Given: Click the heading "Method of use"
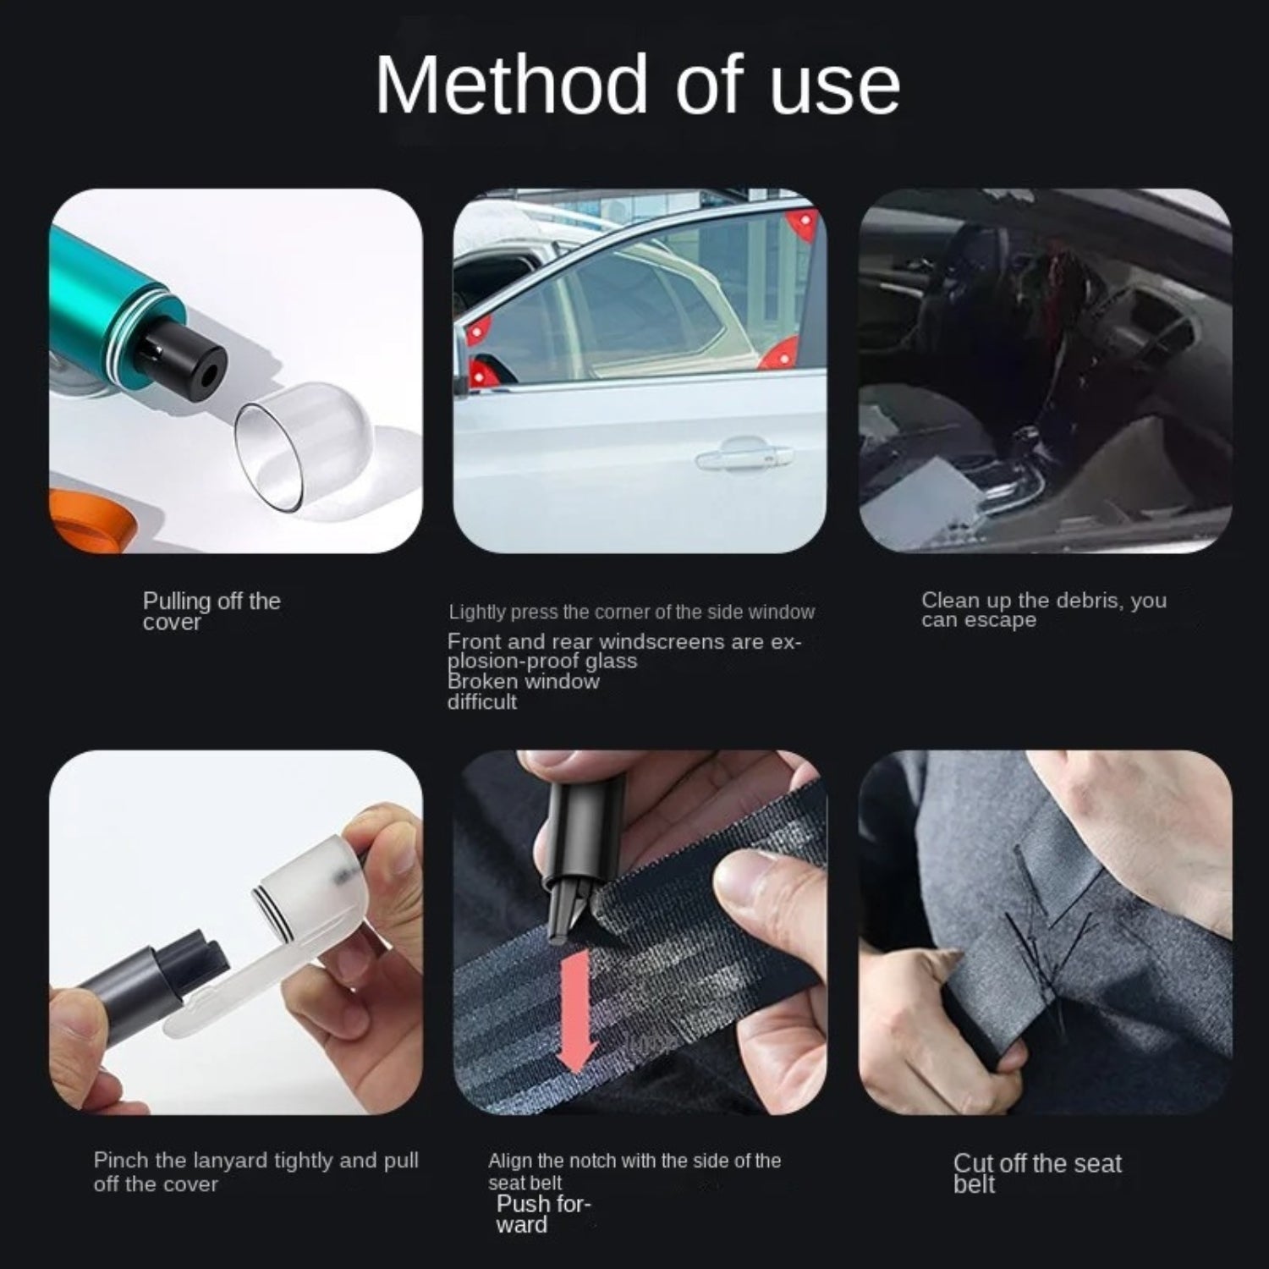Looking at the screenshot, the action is [x=637, y=85].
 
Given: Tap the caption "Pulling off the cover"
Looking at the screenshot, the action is [x=211, y=611].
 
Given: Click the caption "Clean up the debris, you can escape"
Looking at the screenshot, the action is [x=1044, y=610].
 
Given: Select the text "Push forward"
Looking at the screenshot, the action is [x=542, y=1214].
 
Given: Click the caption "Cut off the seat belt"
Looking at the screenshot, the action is [x=1037, y=1173].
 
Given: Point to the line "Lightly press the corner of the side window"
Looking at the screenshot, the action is [x=632, y=612].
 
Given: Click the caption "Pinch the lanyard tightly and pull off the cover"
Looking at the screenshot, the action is [x=256, y=1172].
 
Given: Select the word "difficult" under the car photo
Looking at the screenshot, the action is [x=481, y=701].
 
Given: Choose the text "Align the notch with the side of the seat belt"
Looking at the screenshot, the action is [x=634, y=1172].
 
